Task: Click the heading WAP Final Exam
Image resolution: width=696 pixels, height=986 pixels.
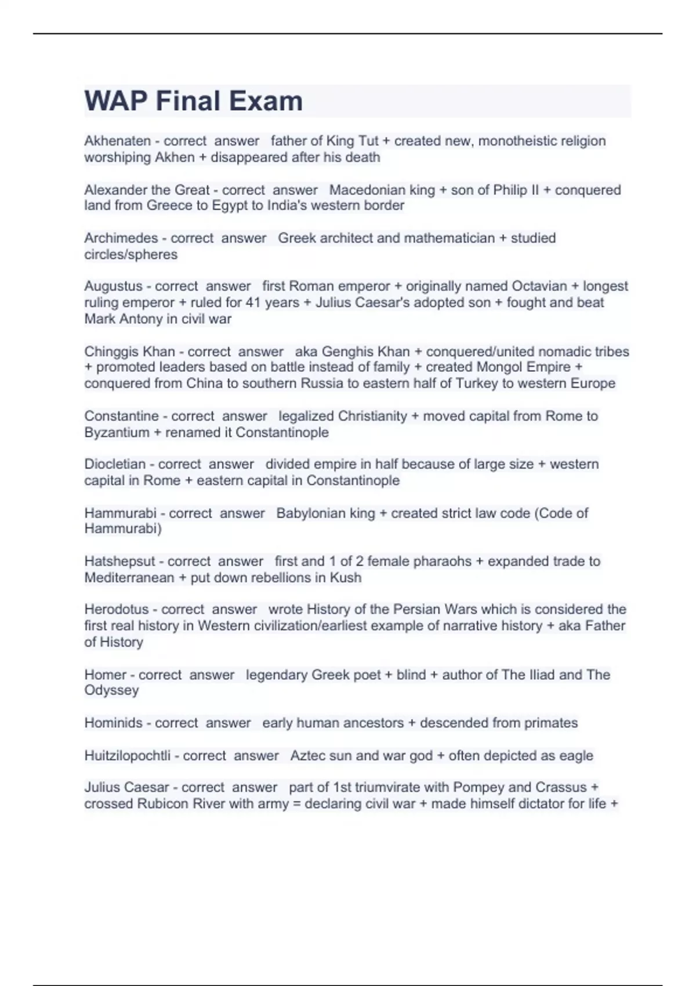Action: [x=193, y=101]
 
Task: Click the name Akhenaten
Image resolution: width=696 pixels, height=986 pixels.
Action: [x=117, y=141]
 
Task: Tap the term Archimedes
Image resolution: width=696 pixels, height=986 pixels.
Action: [x=121, y=238]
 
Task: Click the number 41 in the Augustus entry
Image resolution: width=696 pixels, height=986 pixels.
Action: [x=252, y=302]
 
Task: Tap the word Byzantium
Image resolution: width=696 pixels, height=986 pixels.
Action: [x=117, y=432]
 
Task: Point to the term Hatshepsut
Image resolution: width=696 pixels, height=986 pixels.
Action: [x=119, y=561]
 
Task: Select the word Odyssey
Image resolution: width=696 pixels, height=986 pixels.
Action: [x=111, y=690]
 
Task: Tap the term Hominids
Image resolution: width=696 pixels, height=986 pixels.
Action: [x=113, y=723]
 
